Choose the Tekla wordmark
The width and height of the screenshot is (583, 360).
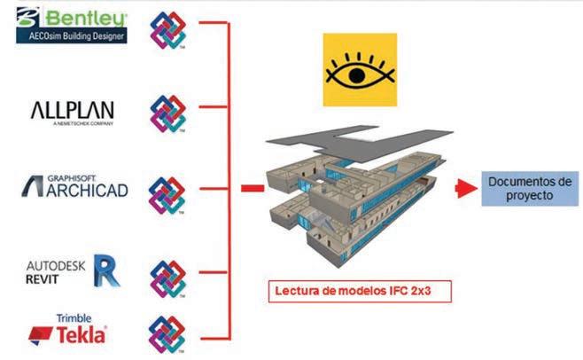pos(81,334)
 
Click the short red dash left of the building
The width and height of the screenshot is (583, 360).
pos(252,188)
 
